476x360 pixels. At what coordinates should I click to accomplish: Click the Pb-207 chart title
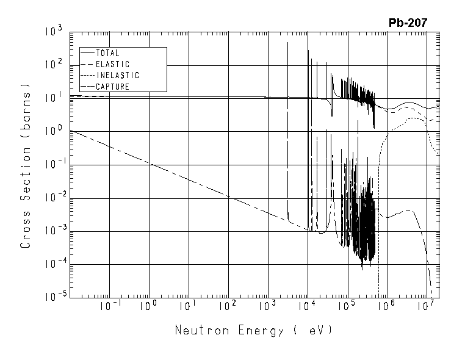pos(408,23)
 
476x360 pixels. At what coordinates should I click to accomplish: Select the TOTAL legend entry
pos(107,53)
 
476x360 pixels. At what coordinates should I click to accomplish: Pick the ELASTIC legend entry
pos(112,64)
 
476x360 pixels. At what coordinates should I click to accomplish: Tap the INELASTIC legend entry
pos(117,76)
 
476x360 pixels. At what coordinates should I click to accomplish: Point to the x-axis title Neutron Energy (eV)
pos(253,331)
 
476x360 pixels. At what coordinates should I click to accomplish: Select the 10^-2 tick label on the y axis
pos(52,197)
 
